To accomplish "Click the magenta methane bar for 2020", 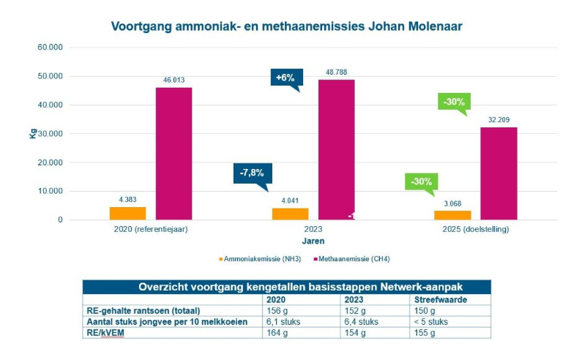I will click(173, 154).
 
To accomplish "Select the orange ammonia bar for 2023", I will click(290, 214).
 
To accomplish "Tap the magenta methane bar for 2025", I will click(499, 173).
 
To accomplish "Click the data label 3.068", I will click(451, 204).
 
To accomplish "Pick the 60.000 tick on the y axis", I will click(50, 47).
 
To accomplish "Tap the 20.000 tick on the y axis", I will click(50, 162).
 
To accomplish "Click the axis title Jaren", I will click(314, 240).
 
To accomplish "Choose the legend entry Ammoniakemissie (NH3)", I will click(257, 259).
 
